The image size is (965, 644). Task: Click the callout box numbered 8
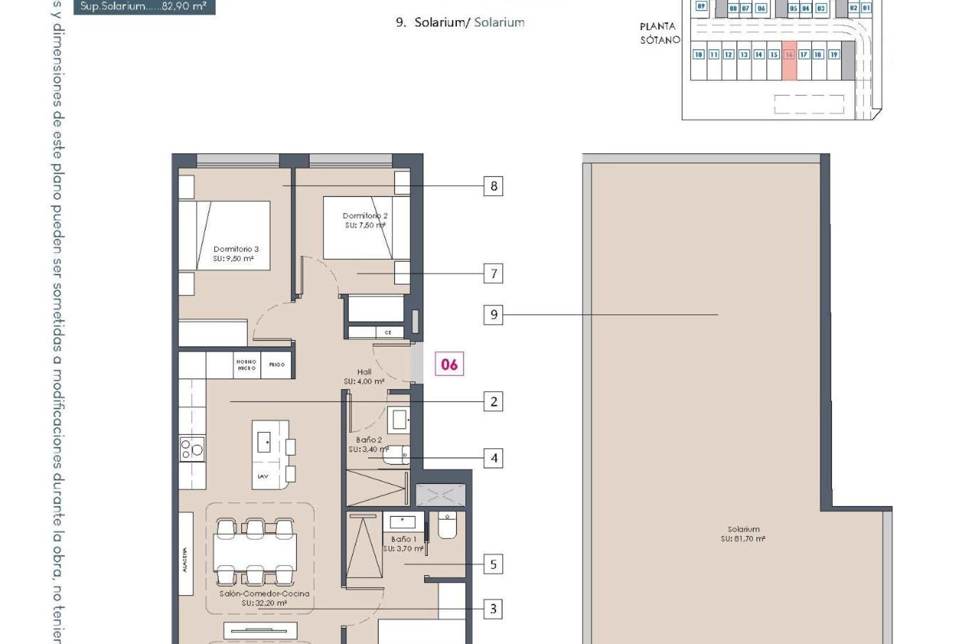click(x=493, y=186)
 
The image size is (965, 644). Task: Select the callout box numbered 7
click(x=493, y=274)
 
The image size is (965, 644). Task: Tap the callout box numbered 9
click(x=493, y=315)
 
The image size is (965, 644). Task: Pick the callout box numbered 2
click(x=493, y=401)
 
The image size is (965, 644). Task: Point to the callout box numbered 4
click(x=493, y=458)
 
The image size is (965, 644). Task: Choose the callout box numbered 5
click(x=493, y=565)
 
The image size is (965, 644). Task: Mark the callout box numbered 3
click(x=493, y=609)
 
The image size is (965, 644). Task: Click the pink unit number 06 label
click(x=449, y=364)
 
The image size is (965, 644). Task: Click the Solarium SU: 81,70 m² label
click(x=743, y=534)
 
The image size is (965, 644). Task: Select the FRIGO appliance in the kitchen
click(x=277, y=365)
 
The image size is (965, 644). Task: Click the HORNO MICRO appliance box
click(x=246, y=365)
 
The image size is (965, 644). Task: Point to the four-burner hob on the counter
click(x=192, y=448)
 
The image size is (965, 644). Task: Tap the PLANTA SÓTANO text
click(x=659, y=33)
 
